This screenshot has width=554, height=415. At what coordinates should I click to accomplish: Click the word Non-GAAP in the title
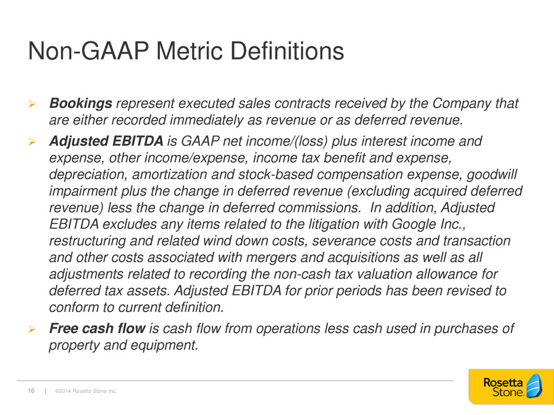coord(88,51)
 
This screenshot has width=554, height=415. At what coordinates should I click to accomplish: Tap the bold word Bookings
coord(81,104)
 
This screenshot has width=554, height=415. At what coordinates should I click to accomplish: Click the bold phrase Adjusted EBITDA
coord(106,141)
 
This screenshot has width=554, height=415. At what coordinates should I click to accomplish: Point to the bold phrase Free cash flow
coord(97,328)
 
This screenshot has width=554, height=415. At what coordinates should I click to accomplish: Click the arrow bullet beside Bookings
coord(32,104)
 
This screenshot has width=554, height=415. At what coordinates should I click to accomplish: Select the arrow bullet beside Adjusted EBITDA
coord(32,142)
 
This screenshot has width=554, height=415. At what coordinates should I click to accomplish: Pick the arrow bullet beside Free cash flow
coord(32,329)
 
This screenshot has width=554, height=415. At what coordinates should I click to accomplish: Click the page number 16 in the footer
coord(31,391)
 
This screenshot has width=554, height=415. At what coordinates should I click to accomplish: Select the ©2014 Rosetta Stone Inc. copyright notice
coord(86,391)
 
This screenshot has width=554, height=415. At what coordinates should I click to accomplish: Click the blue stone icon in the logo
coord(534,386)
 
